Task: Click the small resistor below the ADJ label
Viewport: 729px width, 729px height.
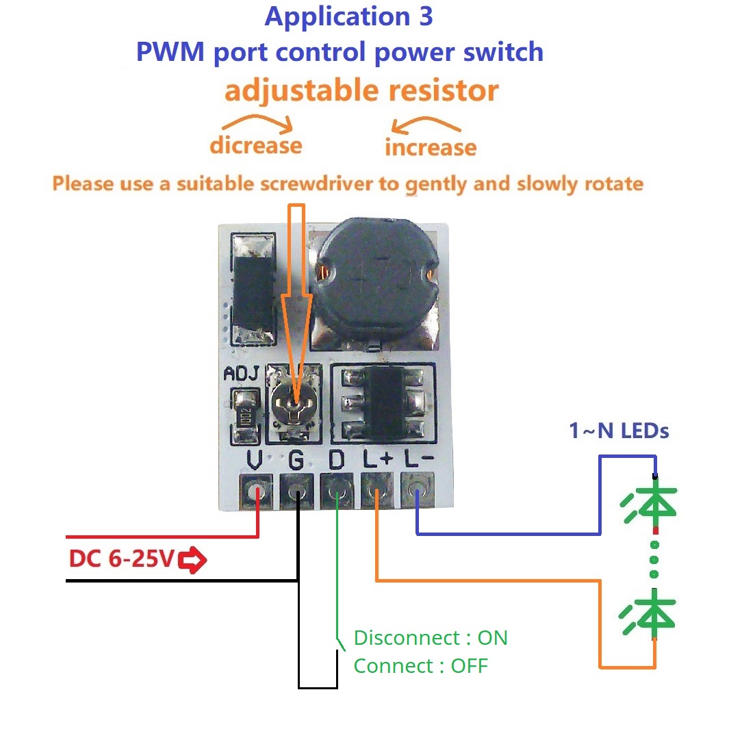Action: (244, 413)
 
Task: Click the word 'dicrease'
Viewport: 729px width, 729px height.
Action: (255, 146)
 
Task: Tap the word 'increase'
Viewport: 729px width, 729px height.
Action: (431, 147)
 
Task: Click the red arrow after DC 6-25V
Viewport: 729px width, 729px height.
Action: (193, 561)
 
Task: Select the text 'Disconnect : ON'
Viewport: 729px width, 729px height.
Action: (431, 638)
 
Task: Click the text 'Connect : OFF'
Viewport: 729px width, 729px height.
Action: (420, 665)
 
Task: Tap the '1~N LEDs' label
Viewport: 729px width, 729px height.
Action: (618, 431)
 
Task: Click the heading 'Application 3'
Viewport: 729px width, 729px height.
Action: (349, 16)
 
